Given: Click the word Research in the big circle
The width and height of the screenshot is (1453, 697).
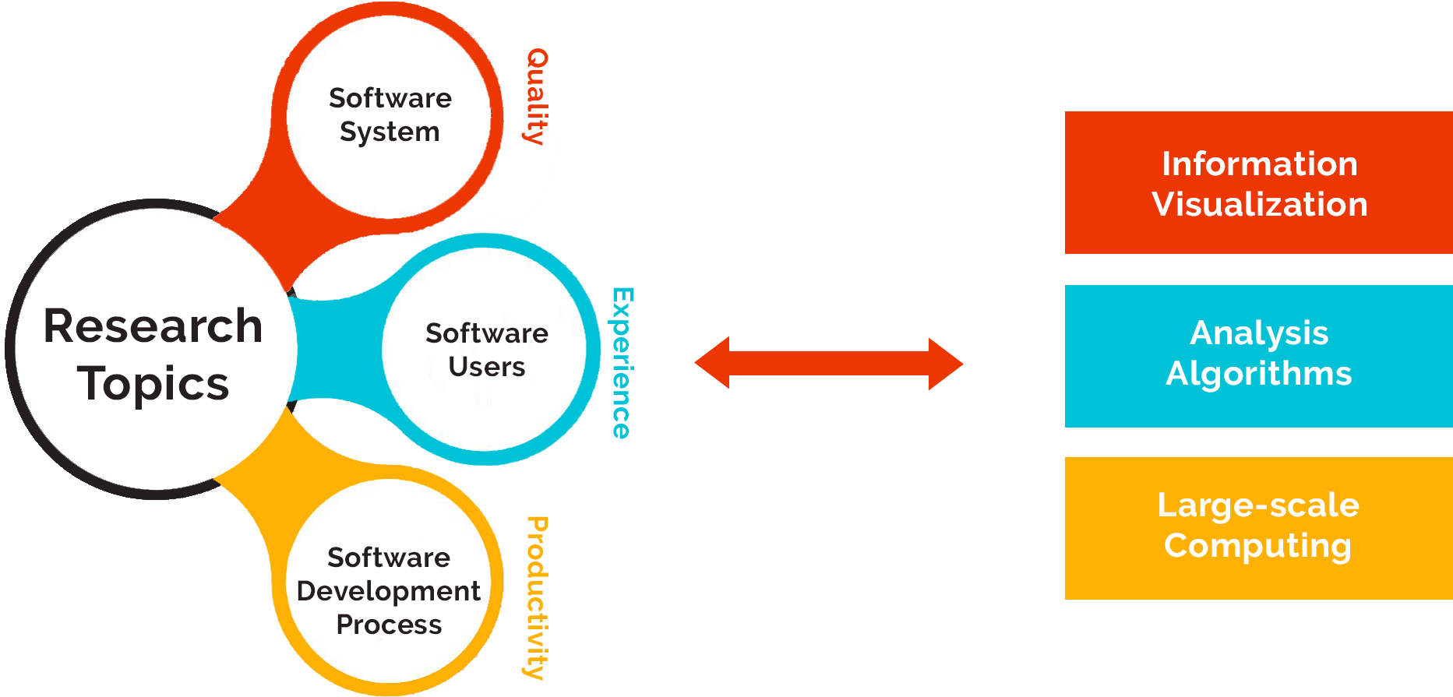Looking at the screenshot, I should (153, 326).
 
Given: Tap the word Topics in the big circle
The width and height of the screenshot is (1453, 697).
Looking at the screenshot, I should (153, 384).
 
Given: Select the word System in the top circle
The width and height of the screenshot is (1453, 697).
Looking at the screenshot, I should (390, 132).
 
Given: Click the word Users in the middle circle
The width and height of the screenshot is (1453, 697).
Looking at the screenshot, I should (487, 366).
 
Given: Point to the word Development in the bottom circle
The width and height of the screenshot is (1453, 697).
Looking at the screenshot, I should (389, 591).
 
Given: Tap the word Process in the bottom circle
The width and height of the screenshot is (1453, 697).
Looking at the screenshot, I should (389, 625).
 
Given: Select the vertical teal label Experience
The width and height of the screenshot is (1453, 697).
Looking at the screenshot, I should (622, 363).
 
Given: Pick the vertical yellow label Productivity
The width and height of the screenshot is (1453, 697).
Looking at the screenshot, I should (537, 597).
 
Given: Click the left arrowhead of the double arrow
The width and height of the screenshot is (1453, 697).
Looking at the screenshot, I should (711, 363).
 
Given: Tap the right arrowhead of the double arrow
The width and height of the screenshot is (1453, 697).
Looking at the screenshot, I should (946, 364).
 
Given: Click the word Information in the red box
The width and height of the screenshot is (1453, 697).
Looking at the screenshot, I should (1259, 164).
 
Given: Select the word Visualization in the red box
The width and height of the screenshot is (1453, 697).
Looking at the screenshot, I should (1259, 205).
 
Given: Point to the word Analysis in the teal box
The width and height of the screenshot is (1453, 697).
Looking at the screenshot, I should (1258, 333).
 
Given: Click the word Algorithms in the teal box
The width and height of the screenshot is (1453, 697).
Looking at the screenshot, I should (1258, 374).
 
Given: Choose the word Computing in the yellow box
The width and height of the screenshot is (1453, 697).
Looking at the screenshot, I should (1257, 546).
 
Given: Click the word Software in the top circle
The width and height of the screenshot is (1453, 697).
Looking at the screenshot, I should (390, 98).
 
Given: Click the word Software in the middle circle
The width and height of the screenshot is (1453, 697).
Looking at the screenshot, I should (487, 333).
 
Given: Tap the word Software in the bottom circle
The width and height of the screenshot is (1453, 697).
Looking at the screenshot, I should (389, 558).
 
